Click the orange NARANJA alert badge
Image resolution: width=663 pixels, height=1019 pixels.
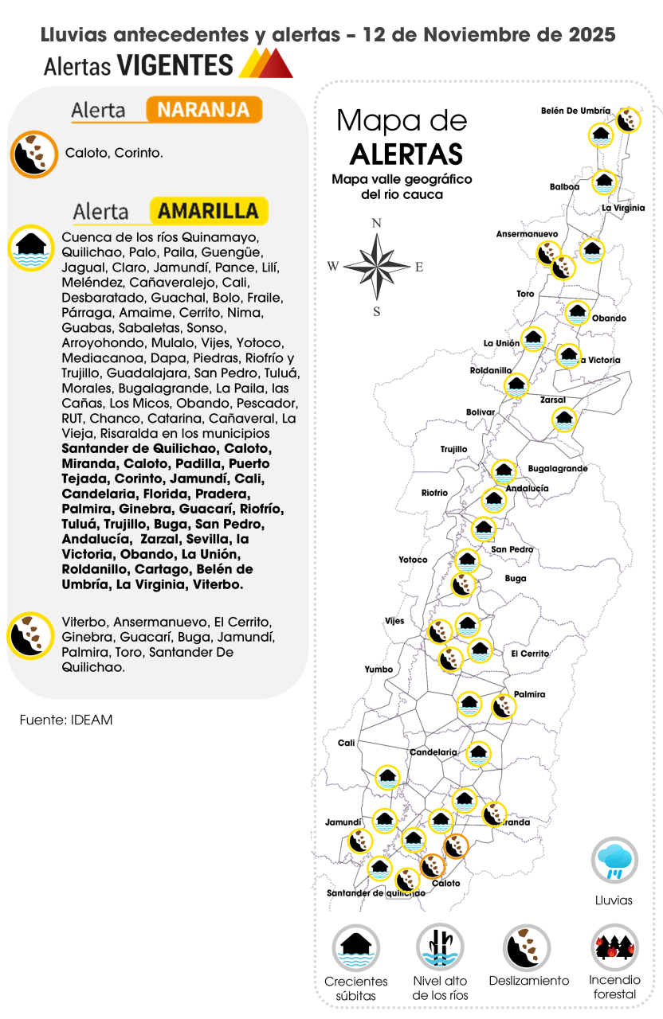pos(204,110)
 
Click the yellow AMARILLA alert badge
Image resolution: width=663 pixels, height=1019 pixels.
pos(208,211)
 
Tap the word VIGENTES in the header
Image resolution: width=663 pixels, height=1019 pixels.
pos(175,65)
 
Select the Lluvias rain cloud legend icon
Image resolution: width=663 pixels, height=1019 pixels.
pos(614,860)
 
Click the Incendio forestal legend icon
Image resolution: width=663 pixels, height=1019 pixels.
pos(614,947)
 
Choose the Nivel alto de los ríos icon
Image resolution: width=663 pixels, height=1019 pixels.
pos(440,947)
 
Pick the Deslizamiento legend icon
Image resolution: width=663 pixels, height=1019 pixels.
pos(527,947)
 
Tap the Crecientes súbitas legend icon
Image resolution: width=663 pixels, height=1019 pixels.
pos(355,947)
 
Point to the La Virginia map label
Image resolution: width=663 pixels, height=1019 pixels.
pos(623,208)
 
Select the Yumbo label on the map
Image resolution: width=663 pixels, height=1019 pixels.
pos(379,670)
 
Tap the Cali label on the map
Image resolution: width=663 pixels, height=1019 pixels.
pos(346,743)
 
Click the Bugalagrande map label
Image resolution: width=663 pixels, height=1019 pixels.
pos(558,469)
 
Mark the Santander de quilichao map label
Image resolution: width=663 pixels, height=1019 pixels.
pos(375,893)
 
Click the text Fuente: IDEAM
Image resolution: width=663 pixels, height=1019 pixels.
pos(66,720)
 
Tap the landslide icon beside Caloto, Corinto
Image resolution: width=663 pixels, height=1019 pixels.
pos(34,154)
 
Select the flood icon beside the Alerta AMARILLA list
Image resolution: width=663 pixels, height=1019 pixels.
pos(31,248)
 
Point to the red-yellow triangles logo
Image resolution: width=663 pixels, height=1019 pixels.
pos(266,64)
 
